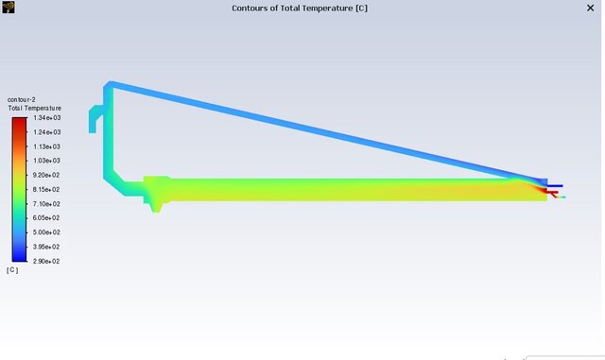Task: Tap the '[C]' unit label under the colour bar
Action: tap(12, 270)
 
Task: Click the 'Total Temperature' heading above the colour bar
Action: tap(34, 108)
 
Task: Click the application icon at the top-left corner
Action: tap(9, 7)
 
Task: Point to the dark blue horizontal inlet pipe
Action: tap(555, 186)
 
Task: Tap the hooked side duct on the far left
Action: tap(95, 117)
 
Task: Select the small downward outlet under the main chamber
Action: tap(157, 204)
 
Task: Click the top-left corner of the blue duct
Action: tap(109, 87)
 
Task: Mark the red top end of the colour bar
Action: tap(19, 122)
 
